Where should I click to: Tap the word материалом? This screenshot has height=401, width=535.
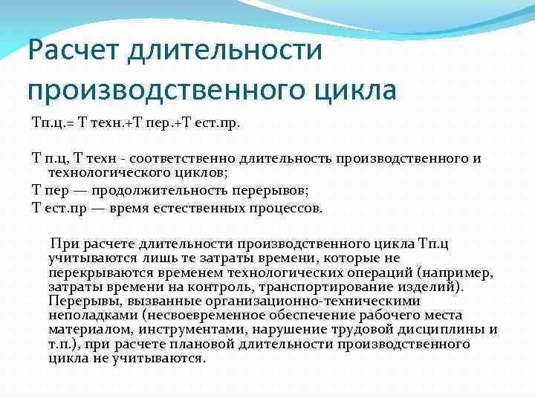(88, 329)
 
